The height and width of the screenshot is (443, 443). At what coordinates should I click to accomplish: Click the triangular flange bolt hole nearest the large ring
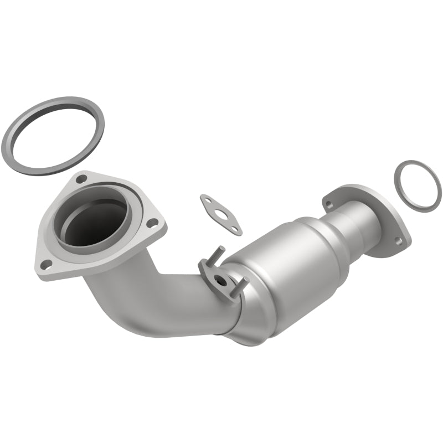pos(81,179)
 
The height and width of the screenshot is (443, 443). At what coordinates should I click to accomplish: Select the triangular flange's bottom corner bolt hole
pos(48,263)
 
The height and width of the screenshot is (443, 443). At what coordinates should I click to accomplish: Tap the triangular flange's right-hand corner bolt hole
pos(153,223)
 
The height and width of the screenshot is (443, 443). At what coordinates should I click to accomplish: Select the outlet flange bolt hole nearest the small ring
pos(396,240)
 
